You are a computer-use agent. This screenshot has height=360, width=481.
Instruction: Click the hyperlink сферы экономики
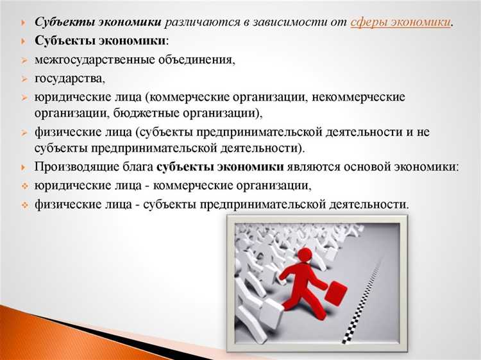[x=400, y=23]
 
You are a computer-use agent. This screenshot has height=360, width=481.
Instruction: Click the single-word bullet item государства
[x=70, y=79]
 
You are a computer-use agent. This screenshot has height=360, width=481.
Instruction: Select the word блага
[x=137, y=167]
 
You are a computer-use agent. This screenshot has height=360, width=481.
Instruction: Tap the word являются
[x=312, y=167]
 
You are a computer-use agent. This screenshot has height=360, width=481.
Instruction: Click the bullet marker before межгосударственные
[x=23, y=60]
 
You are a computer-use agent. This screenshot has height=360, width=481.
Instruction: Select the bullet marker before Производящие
[x=23, y=167]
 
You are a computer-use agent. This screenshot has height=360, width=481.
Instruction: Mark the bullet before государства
[x=23, y=79]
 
